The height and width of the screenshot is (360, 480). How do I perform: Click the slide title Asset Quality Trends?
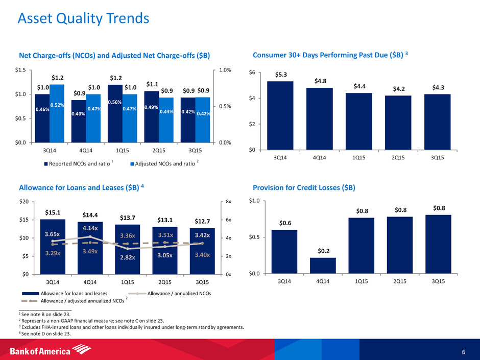(83, 19)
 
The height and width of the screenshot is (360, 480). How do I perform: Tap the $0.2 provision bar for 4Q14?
(323, 265)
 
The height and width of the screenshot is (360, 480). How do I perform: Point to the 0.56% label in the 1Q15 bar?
(115, 102)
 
